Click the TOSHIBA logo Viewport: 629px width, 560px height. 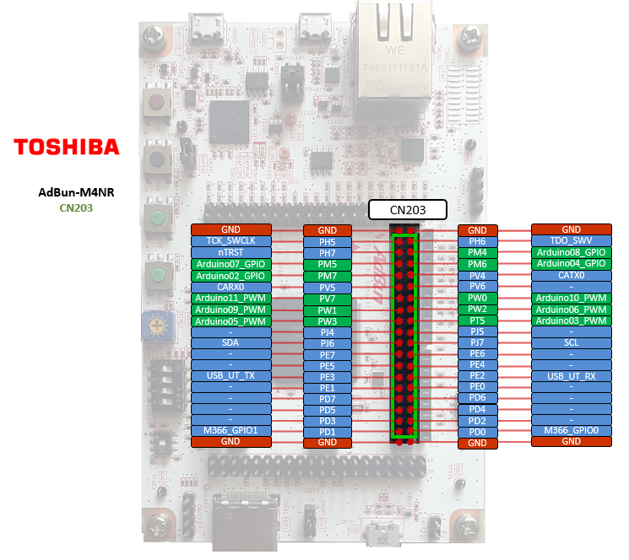tap(67, 147)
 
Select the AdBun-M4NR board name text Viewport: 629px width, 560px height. tap(76, 192)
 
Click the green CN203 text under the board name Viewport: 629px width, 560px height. tap(76, 207)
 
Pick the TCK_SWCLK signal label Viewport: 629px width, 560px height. tap(230, 241)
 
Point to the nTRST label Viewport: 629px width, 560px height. tap(230, 252)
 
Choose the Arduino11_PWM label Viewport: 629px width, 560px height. tap(230, 298)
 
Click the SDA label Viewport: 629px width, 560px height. tap(230, 343)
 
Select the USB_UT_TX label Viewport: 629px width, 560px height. tap(230, 375)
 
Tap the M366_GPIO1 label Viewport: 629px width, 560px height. tap(230, 430)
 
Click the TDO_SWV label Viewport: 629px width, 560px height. tap(571, 240)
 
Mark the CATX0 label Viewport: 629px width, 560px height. tap(571, 274)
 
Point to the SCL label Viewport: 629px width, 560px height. tap(571, 343)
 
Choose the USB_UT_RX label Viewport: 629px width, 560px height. tap(571, 375)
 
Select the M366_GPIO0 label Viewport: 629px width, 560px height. tap(571, 430)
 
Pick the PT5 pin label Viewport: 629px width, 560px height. tap(477, 320)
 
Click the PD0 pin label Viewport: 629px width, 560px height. tap(477, 432)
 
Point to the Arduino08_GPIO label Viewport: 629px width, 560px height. tap(571, 251)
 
